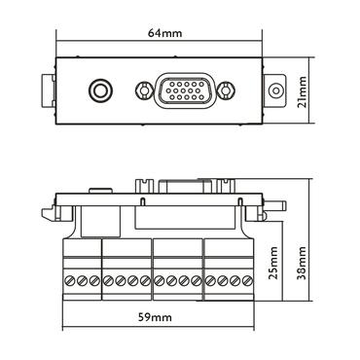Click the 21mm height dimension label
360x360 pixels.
click(x=304, y=92)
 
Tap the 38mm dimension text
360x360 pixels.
click(x=304, y=259)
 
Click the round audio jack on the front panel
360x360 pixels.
click(x=98, y=92)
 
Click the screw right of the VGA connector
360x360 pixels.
click(x=227, y=92)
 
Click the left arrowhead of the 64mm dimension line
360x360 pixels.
click(x=57, y=41)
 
